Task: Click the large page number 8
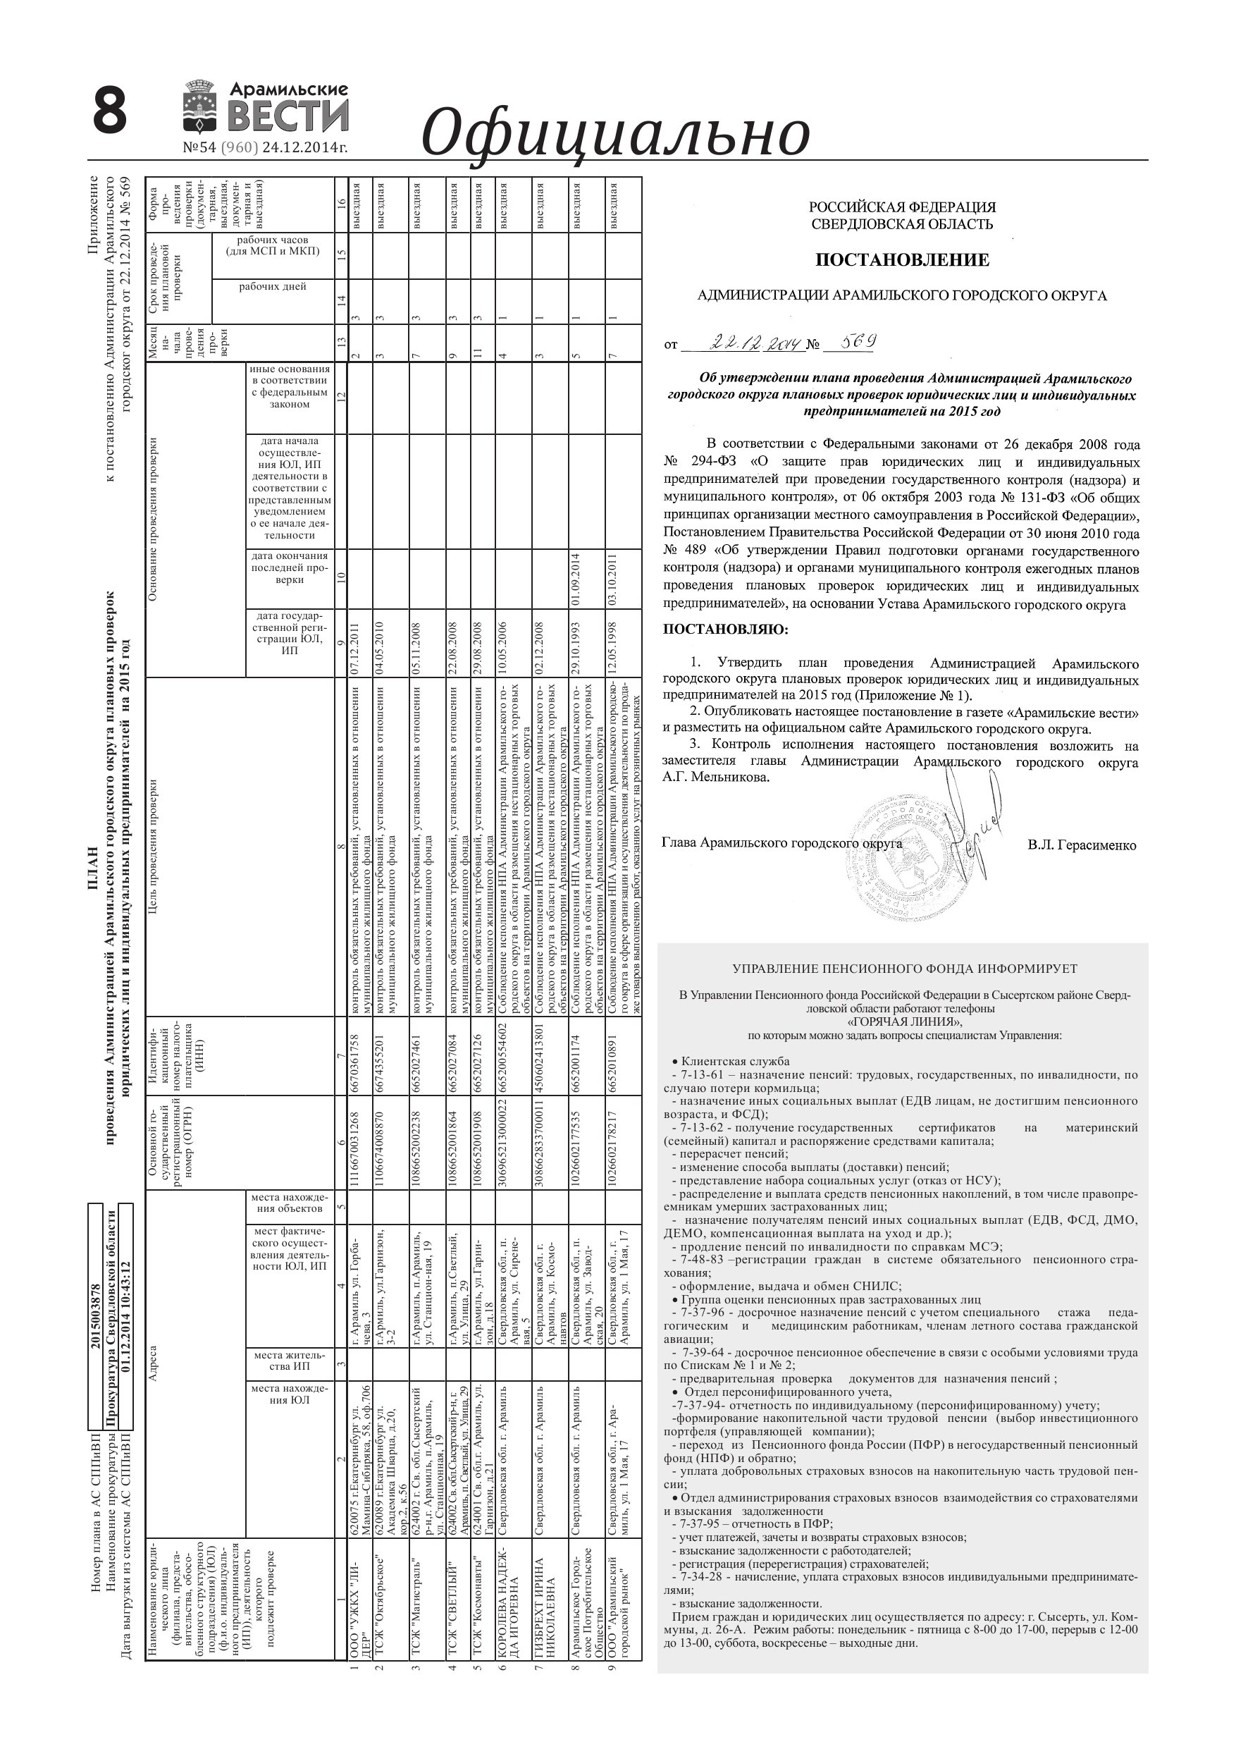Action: click(109, 111)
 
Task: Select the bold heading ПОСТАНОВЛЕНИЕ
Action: click(902, 259)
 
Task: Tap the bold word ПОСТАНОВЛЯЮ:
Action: click(726, 630)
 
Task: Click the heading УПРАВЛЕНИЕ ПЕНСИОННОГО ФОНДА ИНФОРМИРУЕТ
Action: click(904, 969)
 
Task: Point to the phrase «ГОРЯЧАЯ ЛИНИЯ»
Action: click(904, 1022)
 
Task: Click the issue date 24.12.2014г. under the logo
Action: click(304, 148)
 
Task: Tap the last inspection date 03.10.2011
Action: click(612, 579)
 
